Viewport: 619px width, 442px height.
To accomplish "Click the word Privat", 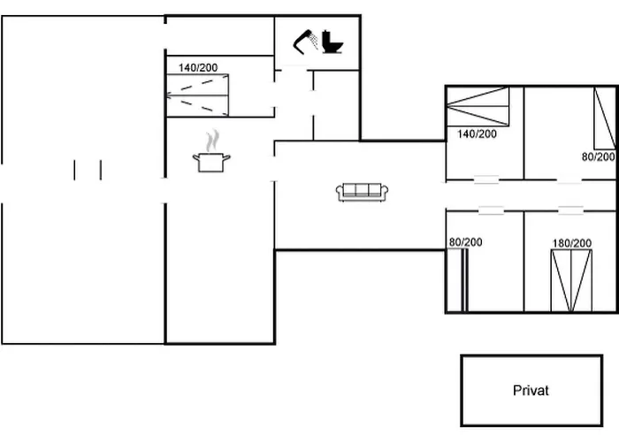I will pos(531,390).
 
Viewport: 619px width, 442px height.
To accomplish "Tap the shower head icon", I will pos(306,41).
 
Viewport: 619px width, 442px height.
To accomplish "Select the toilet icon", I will pos(333,41).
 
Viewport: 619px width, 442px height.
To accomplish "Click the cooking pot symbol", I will pos(211,161).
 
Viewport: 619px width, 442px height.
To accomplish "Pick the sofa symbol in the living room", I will pos(361,191).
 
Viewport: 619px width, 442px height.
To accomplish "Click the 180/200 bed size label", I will pos(571,243).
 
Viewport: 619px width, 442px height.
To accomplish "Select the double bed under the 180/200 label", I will pos(571,278).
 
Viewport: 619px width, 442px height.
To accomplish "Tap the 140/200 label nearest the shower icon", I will pos(198,67).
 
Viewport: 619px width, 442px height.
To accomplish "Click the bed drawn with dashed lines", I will pos(201,95).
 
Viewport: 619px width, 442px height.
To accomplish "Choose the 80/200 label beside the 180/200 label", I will pos(465,242).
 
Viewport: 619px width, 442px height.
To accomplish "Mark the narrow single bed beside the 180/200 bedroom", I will pos(455,279).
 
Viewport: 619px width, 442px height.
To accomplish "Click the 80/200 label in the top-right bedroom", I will pos(599,156).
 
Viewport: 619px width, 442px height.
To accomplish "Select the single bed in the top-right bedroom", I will pos(604,118).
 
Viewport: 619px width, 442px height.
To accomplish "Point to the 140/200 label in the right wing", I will pos(478,134).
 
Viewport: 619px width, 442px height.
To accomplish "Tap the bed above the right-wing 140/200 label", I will pos(478,108).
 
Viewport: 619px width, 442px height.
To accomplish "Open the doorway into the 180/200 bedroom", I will pos(570,210).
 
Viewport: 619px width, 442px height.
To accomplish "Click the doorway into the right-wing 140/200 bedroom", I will pos(486,180).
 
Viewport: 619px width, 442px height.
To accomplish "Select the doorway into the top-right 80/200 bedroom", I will pos(569,180).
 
